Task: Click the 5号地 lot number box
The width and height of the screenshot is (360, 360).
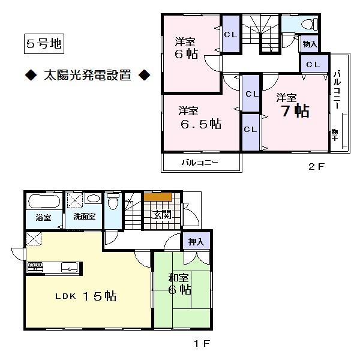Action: click(40, 43)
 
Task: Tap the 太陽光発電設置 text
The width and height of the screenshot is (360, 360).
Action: click(86, 76)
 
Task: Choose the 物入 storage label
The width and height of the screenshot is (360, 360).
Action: click(310, 44)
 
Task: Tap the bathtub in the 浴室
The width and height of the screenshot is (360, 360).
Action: click(42, 200)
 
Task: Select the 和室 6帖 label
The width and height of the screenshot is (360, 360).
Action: click(178, 284)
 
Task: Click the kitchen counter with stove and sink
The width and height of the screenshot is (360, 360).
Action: click(53, 268)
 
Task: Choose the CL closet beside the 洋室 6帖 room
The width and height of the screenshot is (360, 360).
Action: click(230, 34)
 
